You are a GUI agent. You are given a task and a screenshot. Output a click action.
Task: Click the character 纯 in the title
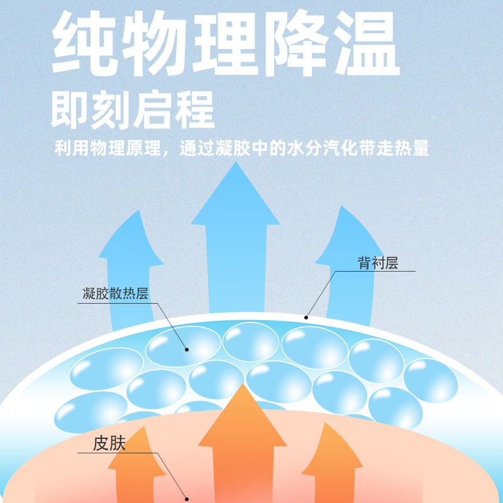coord(85,45)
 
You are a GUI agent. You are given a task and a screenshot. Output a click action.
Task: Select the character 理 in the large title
coord(225,45)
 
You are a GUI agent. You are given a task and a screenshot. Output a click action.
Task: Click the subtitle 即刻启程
coord(133,110)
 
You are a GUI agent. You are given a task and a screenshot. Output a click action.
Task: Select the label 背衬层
coord(379,263)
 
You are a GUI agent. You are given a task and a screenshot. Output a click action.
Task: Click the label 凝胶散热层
coord(116,294)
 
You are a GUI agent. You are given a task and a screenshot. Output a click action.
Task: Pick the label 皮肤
coord(109,443)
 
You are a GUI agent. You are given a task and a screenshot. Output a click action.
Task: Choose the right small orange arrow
coord(331,453)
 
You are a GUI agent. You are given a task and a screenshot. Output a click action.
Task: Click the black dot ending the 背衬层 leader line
coord(306,317)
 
